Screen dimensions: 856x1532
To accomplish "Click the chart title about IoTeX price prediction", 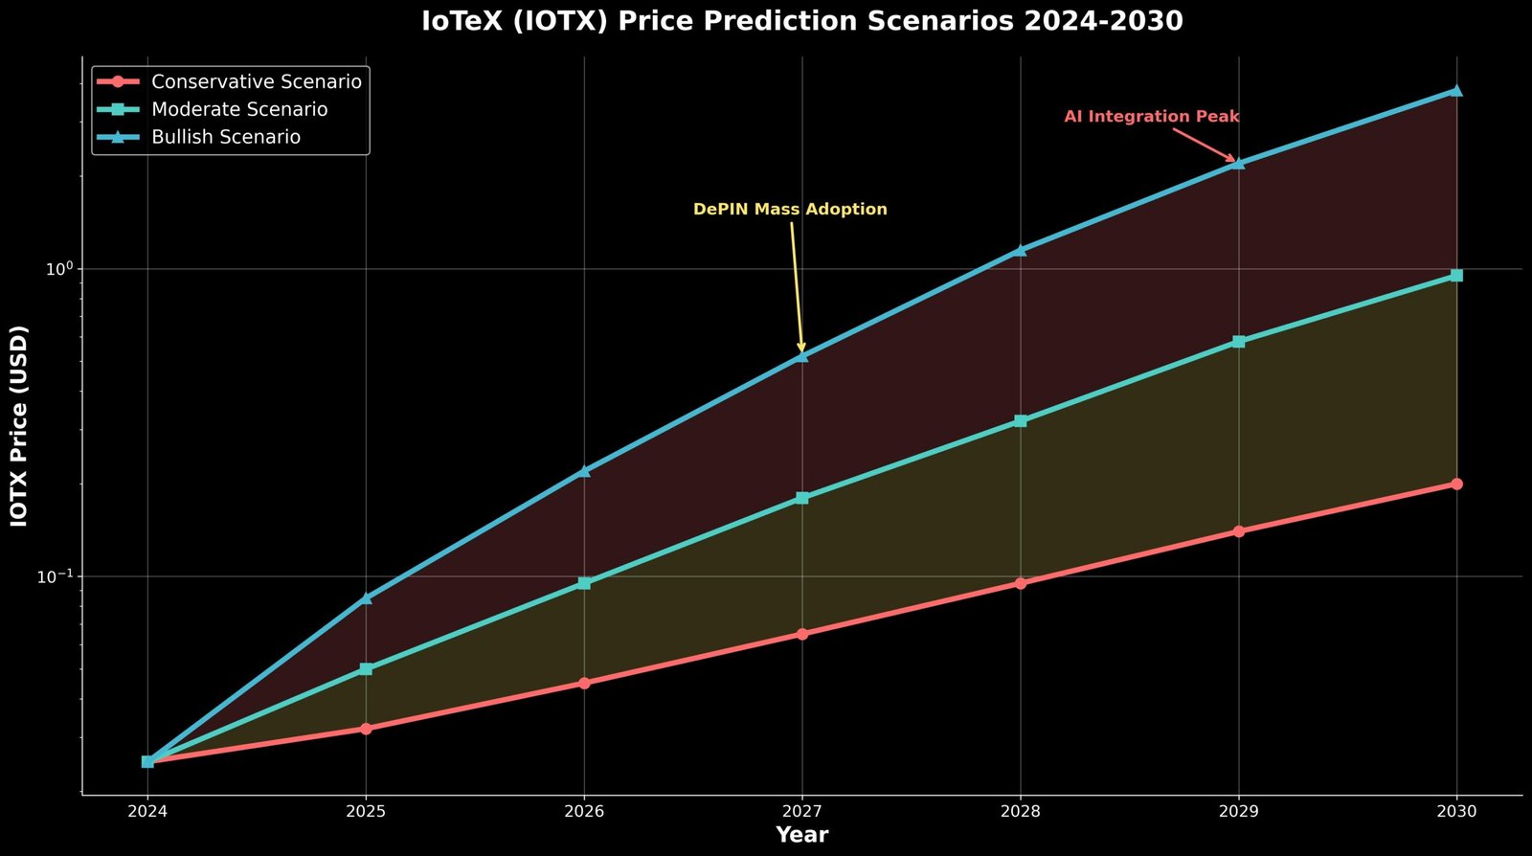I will pyautogui.click(x=802, y=21).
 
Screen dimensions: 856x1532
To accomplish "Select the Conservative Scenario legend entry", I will pyautogui.click(x=256, y=82).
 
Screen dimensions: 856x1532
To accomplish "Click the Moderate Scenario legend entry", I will pyautogui.click(x=239, y=110).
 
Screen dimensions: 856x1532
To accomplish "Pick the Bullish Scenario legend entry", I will pyautogui.click(x=226, y=138).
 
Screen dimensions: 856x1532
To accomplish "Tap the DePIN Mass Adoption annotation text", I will pyautogui.click(x=790, y=210).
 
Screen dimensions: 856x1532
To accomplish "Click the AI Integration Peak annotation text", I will pyautogui.click(x=1152, y=117).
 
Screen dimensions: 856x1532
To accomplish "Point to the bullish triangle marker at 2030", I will pyautogui.click(x=1456, y=90).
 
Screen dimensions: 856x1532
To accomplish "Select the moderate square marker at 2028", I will pyautogui.click(x=1021, y=421).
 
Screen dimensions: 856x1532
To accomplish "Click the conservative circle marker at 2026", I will pyautogui.click(x=584, y=684).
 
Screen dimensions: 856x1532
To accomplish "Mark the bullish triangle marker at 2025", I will pyautogui.click(x=366, y=598).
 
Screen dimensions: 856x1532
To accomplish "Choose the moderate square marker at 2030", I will pyautogui.click(x=1456, y=276).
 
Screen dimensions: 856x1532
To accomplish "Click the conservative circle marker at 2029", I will pyautogui.click(x=1239, y=531).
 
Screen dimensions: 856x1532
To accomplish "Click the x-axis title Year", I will pyautogui.click(x=802, y=835).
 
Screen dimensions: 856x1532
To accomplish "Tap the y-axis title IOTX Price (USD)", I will pyautogui.click(x=19, y=426).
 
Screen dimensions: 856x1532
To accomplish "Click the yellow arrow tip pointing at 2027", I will pyautogui.click(x=801, y=352).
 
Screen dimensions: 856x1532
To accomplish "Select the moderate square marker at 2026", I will pyautogui.click(x=584, y=583).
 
